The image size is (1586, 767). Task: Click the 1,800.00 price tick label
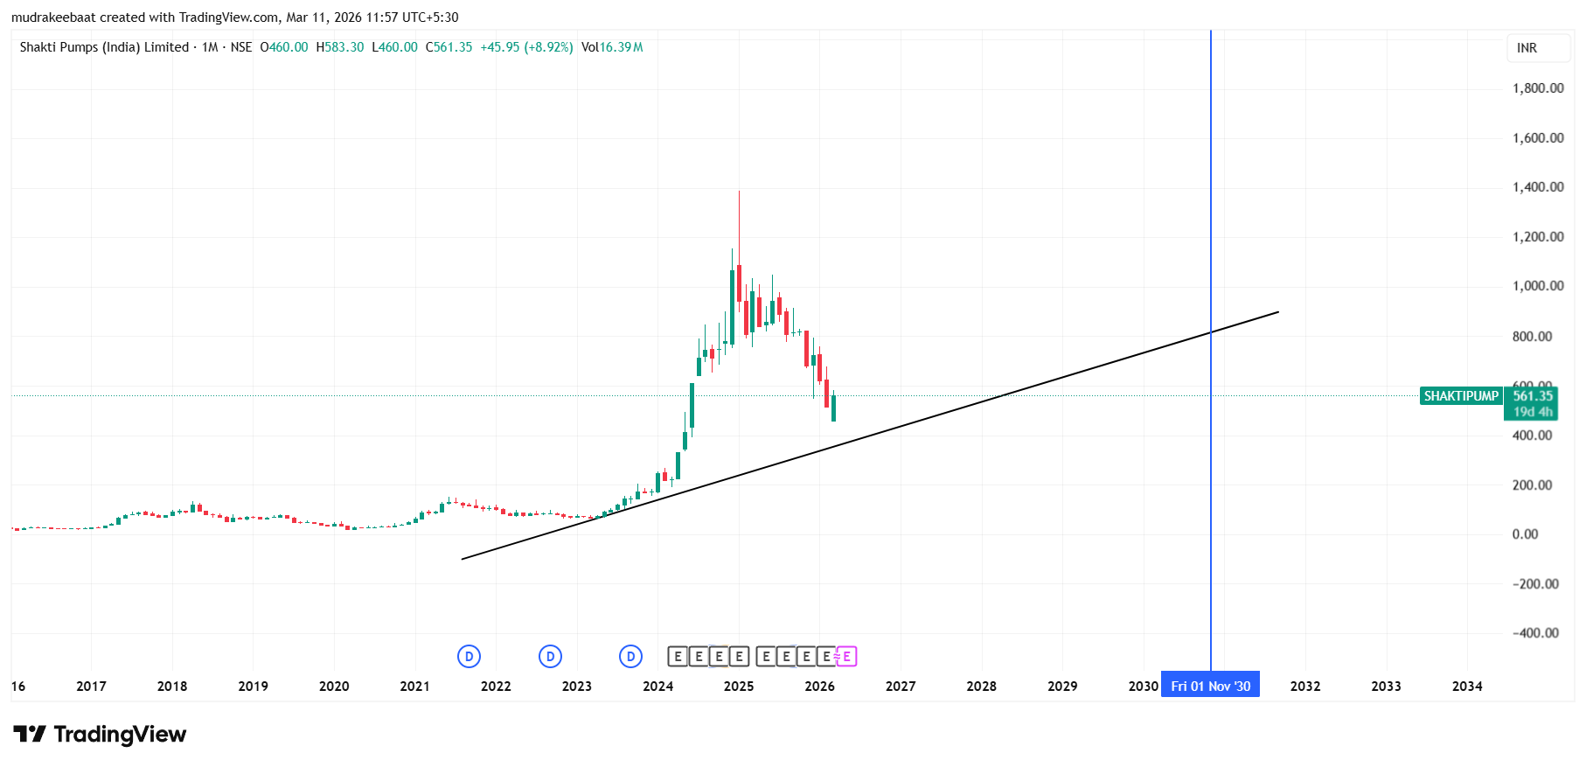(x=1538, y=88)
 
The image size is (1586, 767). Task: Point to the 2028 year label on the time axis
(x=981, y=687)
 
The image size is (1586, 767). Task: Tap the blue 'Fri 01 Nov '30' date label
(x=1210, y=687)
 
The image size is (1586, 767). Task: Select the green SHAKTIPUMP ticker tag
(x=1460, y=396)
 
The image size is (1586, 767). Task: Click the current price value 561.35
(x=1533, y=396)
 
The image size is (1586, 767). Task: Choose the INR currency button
(x=1527, y=48)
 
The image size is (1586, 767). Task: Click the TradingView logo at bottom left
(x=100, y=735)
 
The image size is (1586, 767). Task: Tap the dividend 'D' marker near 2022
(x=469, y=657)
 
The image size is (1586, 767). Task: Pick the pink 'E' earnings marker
(x=846, y=657)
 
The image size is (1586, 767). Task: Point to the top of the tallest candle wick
(x=739, y=192)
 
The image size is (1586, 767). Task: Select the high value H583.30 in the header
(x=340, y=47)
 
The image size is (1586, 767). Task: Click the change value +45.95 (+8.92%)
(x=526, y=47)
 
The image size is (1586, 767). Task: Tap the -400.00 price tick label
(x=1535, y=633)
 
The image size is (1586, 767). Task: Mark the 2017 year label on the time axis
(x=91, y=687)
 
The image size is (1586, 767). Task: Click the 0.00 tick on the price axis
(x=1525, y=534)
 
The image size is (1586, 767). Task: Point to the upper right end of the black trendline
(x=1278, y=311)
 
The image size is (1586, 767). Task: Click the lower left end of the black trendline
(x=463, y=559)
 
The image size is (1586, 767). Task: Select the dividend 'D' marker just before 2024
(x=630, y=657)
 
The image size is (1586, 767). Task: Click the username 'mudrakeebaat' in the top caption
(x=53, y=17)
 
